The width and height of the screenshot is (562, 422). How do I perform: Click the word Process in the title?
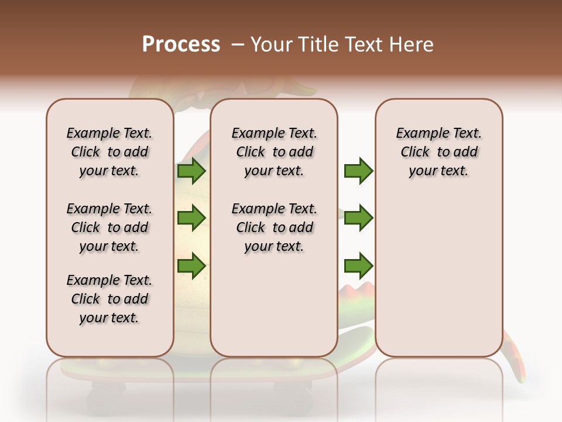tap(181, 45)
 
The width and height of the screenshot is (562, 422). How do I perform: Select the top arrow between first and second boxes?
tap(191, 171)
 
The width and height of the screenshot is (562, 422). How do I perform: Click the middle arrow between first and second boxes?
tap(191, 218)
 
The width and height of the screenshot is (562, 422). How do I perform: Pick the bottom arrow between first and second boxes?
tap(191, 266)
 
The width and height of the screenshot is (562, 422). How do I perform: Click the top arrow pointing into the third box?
tap(358, 171)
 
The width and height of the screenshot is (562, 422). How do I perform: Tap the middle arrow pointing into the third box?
tap(358, 218)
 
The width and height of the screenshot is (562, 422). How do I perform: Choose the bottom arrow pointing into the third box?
tap(358, 266)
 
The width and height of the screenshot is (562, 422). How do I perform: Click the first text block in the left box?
tap(109, 152)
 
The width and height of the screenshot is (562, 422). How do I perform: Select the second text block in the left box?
tap(109, 227)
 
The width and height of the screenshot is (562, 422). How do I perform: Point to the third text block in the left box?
tap(109, 299)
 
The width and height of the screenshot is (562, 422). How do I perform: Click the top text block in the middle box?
tap(274, 152)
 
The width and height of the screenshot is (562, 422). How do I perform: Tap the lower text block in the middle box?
tap(274, 227)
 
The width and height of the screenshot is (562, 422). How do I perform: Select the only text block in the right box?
tap(439, 152)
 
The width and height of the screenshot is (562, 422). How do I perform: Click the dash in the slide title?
tap(238, 45)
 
